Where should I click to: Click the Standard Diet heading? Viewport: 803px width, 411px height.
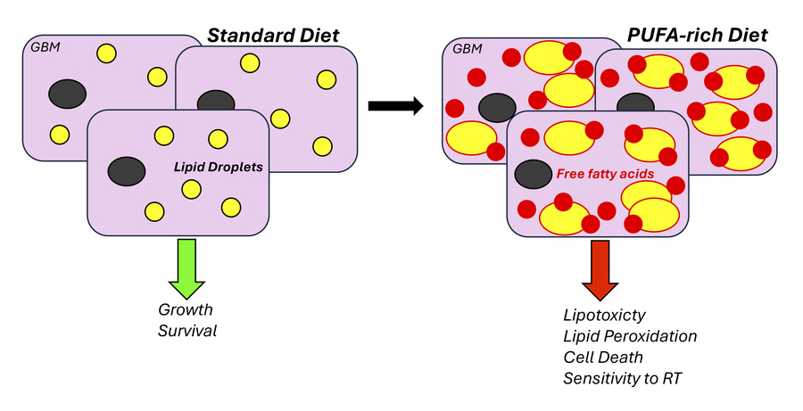click(273, 37)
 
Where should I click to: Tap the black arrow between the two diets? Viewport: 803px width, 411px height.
click(395, 105)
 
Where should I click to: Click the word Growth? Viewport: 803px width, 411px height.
click(186, 310)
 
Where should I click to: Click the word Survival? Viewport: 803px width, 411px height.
click(187, 332)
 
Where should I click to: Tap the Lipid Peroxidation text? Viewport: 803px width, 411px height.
click(630, 336)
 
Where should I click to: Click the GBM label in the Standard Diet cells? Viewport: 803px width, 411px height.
click(45, 47)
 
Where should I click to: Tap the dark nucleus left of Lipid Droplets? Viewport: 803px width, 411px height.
click(128, 169)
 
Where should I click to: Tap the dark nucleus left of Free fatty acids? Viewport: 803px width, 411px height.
click(533, 174)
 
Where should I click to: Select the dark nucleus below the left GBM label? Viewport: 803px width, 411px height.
click(67, 93)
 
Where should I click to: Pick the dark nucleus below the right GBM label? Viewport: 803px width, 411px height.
click(497, 107)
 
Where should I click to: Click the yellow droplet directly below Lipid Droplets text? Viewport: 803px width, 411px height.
click(190, 189)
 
